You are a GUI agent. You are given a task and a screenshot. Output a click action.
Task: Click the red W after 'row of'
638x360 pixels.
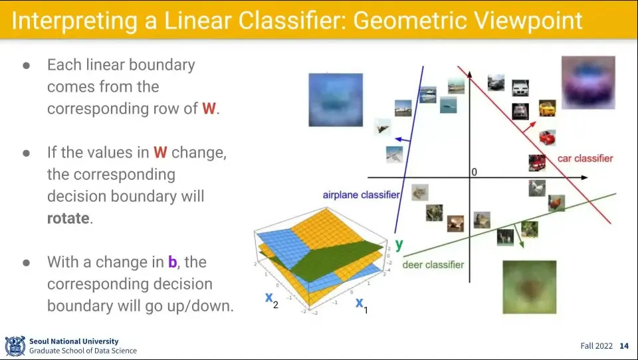tap(209, 108)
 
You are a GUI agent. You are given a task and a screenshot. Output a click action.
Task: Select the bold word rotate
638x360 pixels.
tap(68, 218)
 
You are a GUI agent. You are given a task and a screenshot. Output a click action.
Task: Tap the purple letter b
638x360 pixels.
tap(173, 262)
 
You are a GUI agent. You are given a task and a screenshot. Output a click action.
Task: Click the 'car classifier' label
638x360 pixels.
tap(585, 158)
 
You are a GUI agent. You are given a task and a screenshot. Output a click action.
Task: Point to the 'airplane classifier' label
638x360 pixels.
tap(362, 195)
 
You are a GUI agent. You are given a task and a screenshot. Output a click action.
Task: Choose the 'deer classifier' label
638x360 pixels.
tap(433, 265)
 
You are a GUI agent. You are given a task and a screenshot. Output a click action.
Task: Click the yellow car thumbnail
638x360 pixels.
tap(547, 108)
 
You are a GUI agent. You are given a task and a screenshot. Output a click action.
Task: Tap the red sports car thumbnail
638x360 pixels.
tap(547, 137)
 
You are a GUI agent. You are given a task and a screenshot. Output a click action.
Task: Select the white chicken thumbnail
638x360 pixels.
tap(537, 189)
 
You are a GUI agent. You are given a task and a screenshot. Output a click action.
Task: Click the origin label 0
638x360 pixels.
tap(474, 172)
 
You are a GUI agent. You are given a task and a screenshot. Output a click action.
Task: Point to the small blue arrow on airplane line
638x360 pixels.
tap(403, 140)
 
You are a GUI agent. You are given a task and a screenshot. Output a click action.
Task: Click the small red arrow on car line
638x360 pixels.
tap(530, 126)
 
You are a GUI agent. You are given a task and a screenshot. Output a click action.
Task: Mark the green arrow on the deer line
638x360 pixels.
tap(519, 236)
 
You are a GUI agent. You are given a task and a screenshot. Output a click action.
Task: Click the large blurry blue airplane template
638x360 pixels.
tap(336, 100)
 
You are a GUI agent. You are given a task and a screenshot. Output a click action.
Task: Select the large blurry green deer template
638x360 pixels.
tap(530, 287)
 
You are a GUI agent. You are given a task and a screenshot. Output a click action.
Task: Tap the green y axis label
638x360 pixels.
tap(399, 244)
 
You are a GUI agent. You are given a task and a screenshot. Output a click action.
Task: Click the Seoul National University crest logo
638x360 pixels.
tap(15, 346)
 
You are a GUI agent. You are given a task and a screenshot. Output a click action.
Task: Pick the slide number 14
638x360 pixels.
tap(624, 346)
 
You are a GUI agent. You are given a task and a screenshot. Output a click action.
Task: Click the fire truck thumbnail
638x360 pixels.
tap(537, 163)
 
